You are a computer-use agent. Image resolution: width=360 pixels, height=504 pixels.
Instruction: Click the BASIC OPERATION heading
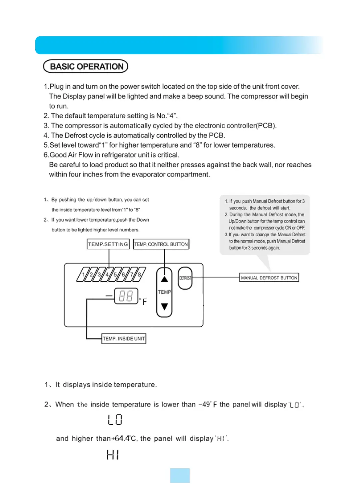pyautogui.click(x=86, y=66)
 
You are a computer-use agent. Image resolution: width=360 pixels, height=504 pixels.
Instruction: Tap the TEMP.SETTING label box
pyautogui.click(x=108, y=244)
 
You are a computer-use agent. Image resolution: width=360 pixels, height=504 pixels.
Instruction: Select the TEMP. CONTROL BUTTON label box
pyautogui.click(x=161, y=244)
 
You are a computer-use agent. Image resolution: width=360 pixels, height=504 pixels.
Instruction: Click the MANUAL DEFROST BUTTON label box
pyautogui.click(x=269, y=278)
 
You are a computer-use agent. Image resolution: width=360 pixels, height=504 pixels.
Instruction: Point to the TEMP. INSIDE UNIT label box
pyautogui.click(x=124, y=339)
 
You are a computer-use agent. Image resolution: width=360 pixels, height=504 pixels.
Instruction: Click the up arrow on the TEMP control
pyautogui.click(x=164, y=279)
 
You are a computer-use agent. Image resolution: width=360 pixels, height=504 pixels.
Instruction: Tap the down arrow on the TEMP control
pyautogui.click(x=164, y=306)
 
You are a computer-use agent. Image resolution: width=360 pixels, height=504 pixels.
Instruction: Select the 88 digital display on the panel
pyautogui.click(x=126, y=296)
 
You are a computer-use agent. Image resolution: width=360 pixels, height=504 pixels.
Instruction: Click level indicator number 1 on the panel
pyautogui.click(x=83, y=275)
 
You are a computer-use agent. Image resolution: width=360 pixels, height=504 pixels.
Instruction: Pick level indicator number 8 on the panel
pyautogui.click(x=139, y=275)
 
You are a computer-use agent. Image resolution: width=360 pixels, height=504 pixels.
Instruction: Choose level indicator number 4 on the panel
pyautogui.click(x=107, y=275)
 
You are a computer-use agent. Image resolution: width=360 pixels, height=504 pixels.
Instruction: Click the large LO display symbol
pyautogui.click(x=115, y=420)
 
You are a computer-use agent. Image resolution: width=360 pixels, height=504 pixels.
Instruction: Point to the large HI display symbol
pyautogui.click(x=113, y=455)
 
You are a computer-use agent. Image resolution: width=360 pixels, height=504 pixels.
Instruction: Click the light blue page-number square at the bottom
pyautogui.click(x=180, y=475)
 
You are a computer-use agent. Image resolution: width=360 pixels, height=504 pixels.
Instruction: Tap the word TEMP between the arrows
pyautogui.click(x=164, y=292)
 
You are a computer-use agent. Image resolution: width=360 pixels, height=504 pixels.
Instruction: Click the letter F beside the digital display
pyautogui.click(x=145, y=302)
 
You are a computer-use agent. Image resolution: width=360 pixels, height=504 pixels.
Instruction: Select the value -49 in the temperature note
pyautogui.click(x=204, y=404)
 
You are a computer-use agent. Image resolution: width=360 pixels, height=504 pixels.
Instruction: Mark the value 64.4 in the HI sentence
pyautogui.click(x=122, y=438)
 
